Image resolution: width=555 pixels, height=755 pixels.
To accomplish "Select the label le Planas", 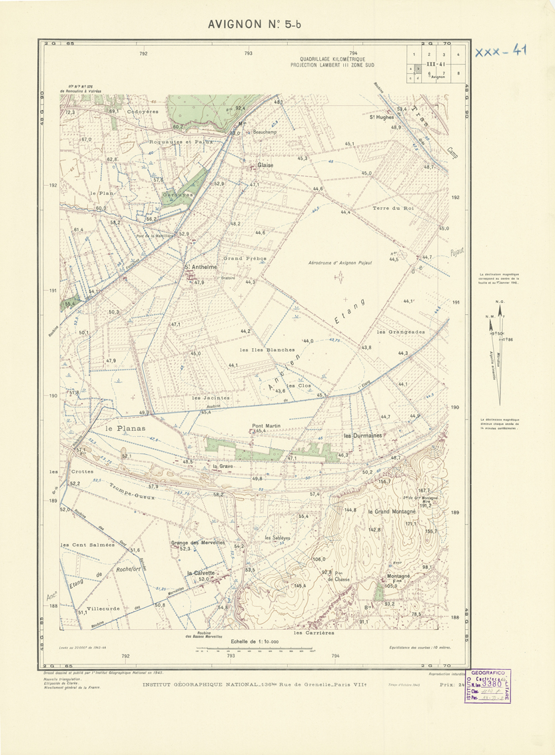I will pyautogui.click(x=125, y=428).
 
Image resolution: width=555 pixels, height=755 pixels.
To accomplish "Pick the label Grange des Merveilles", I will pyautogui.click(x=198, y=543).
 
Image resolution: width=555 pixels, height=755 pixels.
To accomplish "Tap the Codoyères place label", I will pyautogui.click(x=143, y=112).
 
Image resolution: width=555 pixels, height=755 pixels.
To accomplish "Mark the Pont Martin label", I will pyautogui.click(x=265, y=425).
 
